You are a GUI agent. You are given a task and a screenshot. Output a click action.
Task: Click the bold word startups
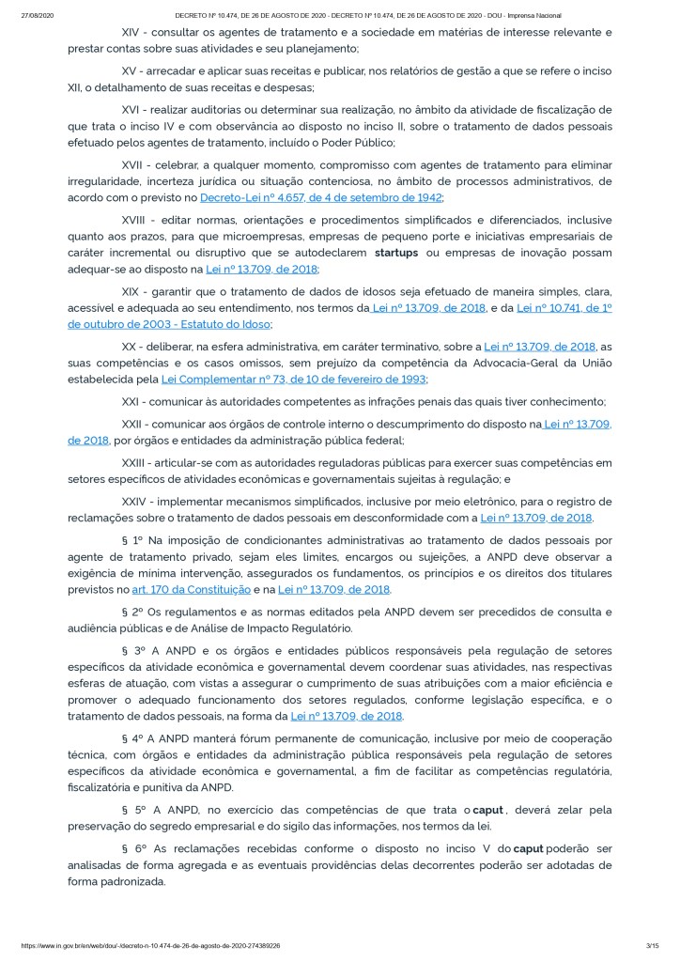coord(396,253)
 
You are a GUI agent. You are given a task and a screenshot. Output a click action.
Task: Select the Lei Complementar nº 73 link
coord(294,379)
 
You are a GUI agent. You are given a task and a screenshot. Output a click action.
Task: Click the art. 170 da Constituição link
coord(196,589)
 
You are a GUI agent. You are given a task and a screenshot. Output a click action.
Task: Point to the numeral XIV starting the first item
coord(133,31)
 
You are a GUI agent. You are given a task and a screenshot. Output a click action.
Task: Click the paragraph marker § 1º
coord(134,540)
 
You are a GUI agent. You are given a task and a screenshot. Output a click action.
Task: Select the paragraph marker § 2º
coord(134,612)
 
